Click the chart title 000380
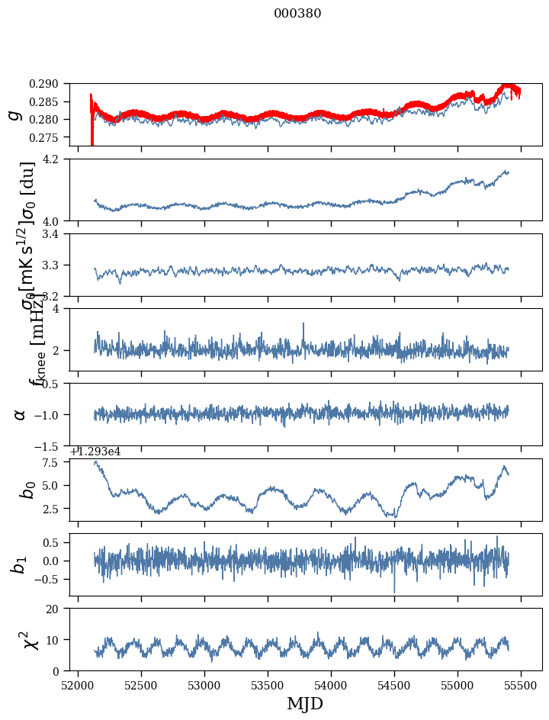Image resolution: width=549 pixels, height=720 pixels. click(x=297, y=14)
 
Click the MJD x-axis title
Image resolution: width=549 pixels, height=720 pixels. click(x=305, y=703)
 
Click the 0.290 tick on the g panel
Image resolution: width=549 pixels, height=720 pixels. click(x=52, y=84)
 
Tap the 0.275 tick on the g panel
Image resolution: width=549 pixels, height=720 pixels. click(x=52, y=137)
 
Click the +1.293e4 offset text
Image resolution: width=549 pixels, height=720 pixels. click(x=95, y=452)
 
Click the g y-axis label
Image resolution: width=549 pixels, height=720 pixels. click(x=14, y=114)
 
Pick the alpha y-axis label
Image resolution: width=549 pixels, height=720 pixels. click(x=20, y=414)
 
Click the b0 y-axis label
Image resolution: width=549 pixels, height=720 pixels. click(x=27, y=489)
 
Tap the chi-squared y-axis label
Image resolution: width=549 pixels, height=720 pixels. click(x=23, y=639)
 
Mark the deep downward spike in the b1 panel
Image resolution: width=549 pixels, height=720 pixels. click(x=394, y=590)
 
